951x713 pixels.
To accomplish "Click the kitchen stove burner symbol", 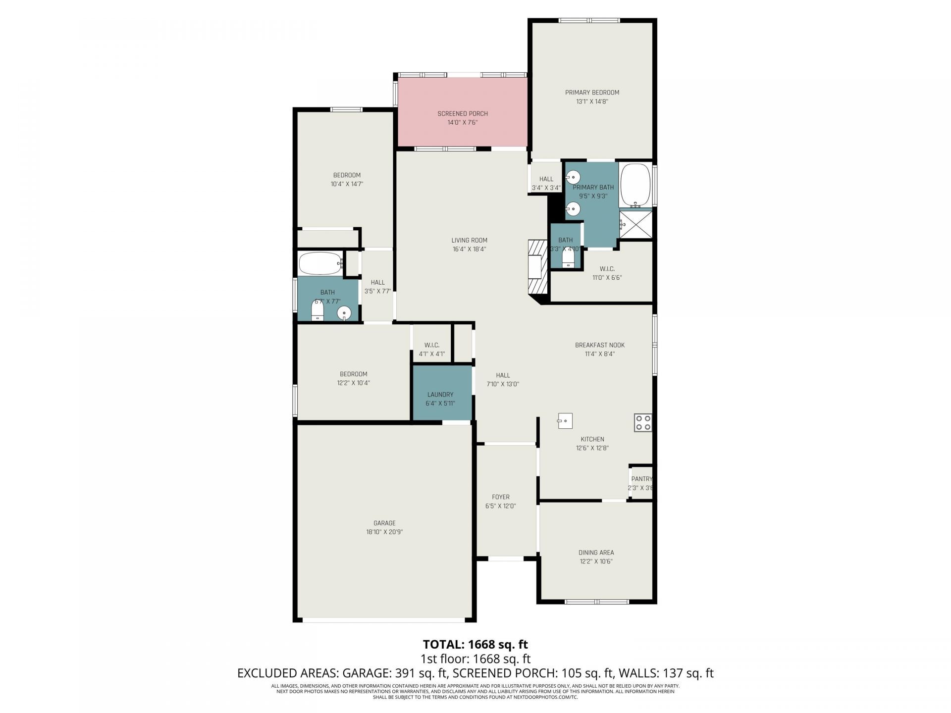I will click(643, 422).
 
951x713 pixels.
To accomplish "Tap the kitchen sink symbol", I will click(565, 420).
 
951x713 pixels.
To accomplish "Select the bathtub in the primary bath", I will click(635, 184).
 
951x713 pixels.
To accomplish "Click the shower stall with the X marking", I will click(635, 225).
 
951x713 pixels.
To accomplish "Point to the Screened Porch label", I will click(462, 114).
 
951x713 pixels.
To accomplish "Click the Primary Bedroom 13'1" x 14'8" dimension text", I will click(592, 102).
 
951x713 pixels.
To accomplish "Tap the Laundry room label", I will click(440, 395).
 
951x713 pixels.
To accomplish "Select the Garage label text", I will click(384, 523).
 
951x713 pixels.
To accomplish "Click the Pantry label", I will click(641, 479).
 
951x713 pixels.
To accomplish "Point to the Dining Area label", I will click(596, 553).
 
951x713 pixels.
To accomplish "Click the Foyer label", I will click(500, 497).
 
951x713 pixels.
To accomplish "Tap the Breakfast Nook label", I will click(599, 345).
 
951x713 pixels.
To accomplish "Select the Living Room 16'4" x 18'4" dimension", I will click(469, 249).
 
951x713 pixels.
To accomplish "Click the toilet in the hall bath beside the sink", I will click(317, 311).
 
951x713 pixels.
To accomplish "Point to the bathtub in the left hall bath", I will click(320, 263).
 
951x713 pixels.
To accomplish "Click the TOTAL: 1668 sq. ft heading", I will click(475, 644).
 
